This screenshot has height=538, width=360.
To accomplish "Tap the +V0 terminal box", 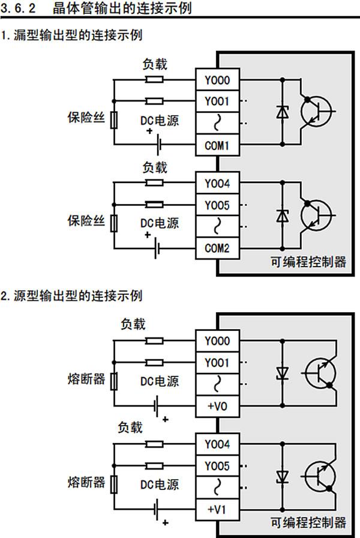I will pyautogui.click(x=217, y=407).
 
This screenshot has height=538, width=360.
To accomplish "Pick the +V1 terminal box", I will pyautogui.click(x=217, y=510).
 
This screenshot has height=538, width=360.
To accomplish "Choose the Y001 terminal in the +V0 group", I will pyautogui.click(x=217, y=363).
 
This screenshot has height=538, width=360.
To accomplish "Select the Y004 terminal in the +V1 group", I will pyautogui.click(x=217, y=445).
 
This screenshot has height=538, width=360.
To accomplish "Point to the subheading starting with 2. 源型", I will pyautogui.click(x=72, y=296).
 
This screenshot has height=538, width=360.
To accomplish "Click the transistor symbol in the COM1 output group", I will pyautogui.click(x=315, y=112).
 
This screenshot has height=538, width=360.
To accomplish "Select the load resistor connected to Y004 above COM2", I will pyautogui.click(x=155, y=183).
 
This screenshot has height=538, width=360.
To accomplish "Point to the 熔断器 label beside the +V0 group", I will pyautogui.click(x=86, y=379).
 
